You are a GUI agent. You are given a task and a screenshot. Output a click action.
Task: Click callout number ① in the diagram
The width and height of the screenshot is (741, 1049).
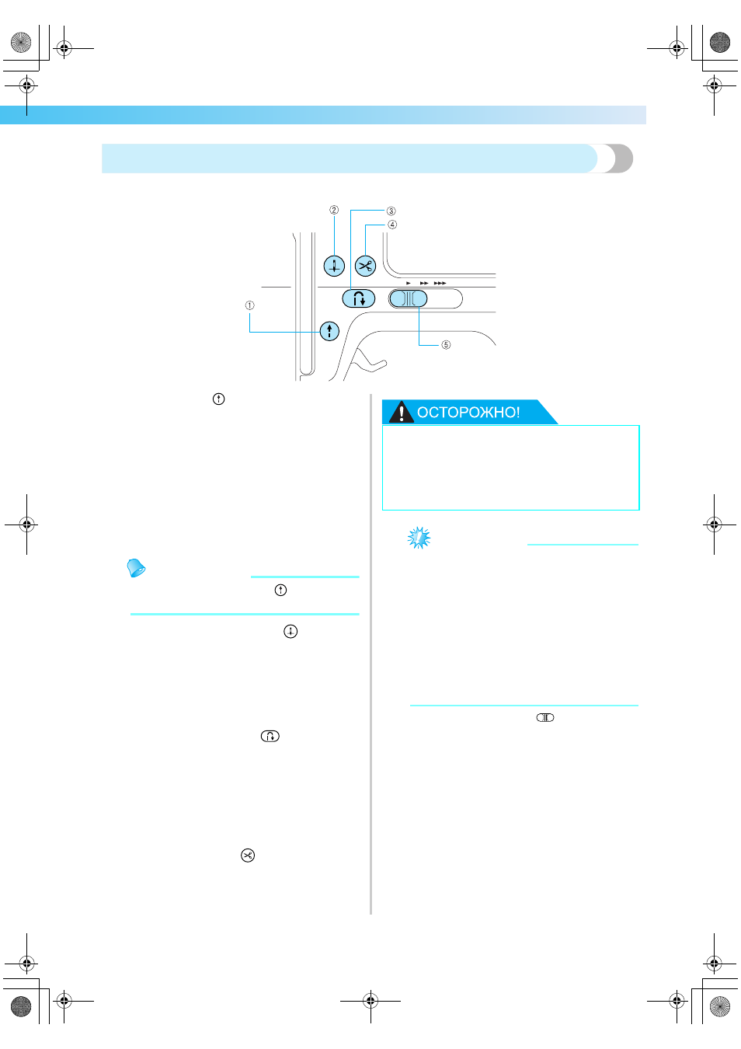point(249,305)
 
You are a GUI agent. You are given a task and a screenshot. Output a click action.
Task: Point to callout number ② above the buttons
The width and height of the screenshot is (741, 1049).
point(334,210)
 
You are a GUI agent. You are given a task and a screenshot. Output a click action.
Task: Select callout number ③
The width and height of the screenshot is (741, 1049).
point(391,211)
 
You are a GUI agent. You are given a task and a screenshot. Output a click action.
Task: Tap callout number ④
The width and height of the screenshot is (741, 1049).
point(391,225)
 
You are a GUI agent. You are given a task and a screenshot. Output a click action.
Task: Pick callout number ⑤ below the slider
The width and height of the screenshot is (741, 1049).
point(446,345)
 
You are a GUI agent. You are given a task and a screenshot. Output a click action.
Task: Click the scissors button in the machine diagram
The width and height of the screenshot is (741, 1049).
point(365,267)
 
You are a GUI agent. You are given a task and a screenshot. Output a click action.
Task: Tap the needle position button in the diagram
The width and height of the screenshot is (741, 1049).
point(334,266)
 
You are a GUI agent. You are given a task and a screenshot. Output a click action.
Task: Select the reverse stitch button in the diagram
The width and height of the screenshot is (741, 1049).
point(359,298)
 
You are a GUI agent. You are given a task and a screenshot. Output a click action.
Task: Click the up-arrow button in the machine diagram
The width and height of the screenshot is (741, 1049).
point(329,331)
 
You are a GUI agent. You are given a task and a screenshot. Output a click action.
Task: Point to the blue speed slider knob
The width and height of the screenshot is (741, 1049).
point(409,299)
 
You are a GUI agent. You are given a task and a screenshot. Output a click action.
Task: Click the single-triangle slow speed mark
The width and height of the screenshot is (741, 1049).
point(409,284)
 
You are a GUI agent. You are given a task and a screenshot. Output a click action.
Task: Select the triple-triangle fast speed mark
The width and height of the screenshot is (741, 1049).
point(440,284)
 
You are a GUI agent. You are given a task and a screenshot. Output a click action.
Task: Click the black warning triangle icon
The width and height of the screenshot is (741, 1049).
point(401,412)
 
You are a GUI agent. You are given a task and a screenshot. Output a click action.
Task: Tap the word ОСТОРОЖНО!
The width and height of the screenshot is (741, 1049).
point(468,412)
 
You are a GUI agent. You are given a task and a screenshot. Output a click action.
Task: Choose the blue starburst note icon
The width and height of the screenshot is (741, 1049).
point(419,538)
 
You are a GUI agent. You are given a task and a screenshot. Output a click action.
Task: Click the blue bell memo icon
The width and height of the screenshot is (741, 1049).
point(136,567)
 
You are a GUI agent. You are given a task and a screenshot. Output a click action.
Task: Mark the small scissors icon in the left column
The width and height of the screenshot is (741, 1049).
point(248,855)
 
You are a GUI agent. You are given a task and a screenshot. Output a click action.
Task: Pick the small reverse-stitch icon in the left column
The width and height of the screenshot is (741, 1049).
point(270,736)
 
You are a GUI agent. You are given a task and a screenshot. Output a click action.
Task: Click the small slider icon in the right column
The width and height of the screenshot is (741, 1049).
point(544,717)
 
